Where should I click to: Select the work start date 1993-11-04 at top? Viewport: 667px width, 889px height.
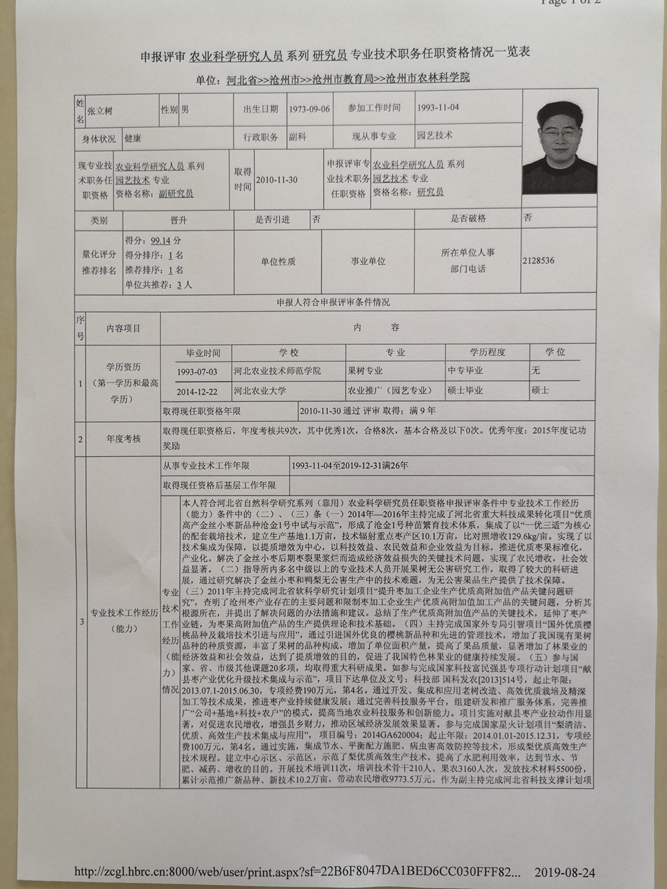pos(438,107)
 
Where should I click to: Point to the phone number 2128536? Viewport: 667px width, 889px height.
pos(539,261)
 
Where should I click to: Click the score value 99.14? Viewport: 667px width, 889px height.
pos(161,241)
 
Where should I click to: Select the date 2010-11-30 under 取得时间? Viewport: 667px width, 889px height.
pos(277,180)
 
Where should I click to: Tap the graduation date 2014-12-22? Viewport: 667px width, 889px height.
pos(197,391)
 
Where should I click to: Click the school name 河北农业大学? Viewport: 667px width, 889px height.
pos(259,390)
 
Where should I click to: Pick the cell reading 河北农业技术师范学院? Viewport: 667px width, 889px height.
pos(277,371)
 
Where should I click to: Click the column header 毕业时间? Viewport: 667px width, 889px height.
pos(203,353)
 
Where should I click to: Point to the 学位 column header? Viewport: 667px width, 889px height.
pos(555,351)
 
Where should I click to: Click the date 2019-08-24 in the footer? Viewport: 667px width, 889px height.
pos(564,872)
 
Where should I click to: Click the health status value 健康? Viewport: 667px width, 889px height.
pos(133,139)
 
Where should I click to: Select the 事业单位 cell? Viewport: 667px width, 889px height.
pos(368,261)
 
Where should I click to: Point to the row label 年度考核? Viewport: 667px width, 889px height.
pos(123,438)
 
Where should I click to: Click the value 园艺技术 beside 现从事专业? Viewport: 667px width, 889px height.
pos(435,135)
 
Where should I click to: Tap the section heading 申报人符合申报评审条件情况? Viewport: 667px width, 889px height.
pos(333,302)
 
